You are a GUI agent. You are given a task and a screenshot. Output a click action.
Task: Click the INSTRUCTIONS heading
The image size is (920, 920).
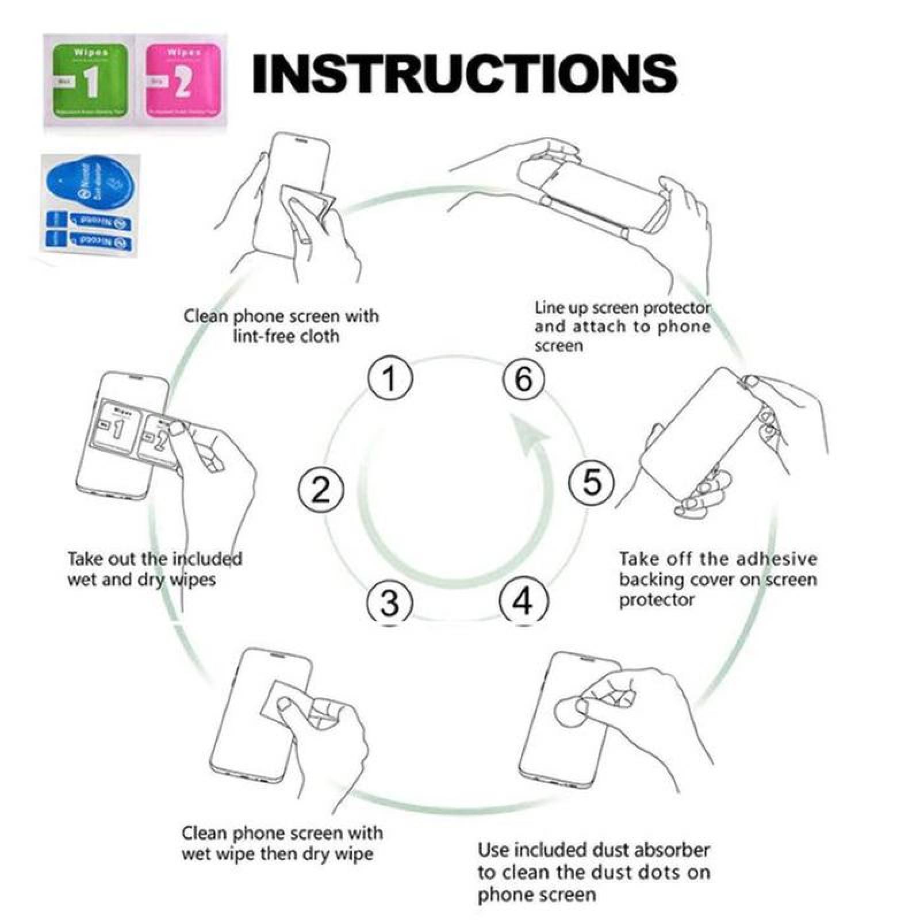[465, 74]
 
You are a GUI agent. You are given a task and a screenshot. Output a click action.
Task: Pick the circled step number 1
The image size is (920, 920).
[390, 379]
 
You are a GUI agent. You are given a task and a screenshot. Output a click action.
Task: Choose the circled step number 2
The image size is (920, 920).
[321, 489]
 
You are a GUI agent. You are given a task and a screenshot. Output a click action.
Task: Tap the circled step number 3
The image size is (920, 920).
[390, 602]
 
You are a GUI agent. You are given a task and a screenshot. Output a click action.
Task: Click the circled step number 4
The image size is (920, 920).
[523, 601]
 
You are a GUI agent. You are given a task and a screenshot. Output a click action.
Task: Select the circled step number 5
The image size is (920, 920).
[592, 482]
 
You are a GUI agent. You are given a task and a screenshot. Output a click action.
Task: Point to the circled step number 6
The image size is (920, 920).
[524, 379]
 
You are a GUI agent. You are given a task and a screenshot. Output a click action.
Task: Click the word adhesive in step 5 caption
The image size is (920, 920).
[776, 559]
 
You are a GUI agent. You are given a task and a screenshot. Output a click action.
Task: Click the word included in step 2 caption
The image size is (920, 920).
[208, 559]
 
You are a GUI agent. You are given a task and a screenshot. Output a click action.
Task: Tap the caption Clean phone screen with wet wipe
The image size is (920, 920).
[282, 843]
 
